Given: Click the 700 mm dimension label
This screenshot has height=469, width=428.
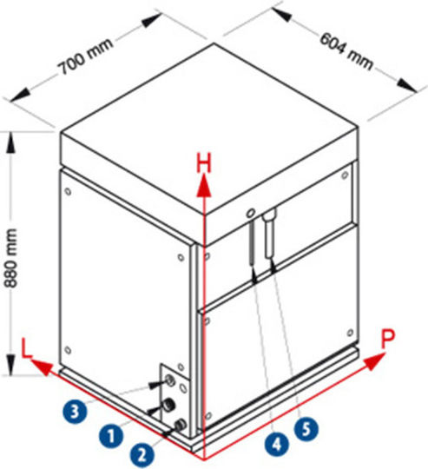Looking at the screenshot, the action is pyautogui.click(x=87, y=56).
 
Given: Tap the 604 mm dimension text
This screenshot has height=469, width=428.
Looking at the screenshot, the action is pyautogui.click(x=347, y=52).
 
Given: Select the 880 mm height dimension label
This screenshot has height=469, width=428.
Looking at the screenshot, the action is pyautogui.click(x=11, y=258).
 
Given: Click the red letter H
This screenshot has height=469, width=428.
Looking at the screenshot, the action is pyautogui.click(x=204, y=162).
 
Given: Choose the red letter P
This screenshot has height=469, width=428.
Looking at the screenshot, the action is pyautogui.click(x=388, y=338).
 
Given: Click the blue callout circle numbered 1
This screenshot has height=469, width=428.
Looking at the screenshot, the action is pyautogui.click(x=111, y=435).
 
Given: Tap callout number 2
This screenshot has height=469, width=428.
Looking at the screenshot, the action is pyautogui.click(x=142, y=454).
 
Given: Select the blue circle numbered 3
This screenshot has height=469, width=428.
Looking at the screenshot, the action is pyautogui.click(x=75, y=411).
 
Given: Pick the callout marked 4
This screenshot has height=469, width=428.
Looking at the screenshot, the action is pyautogui.click(x=277, y=443).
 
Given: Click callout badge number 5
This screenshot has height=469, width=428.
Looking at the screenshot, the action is pyautogui.click(x=306, y=429).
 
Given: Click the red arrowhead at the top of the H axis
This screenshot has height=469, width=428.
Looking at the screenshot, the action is pyautogui.click(x=204, y=186).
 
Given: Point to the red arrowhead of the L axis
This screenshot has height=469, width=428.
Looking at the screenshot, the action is pyautogui.click(x=42, y=367).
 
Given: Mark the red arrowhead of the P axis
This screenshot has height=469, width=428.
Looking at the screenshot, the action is pyautogui.click(x=374, y=361).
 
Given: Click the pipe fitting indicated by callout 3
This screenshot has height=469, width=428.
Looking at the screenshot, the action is pyautogui.click(x=170, y=380).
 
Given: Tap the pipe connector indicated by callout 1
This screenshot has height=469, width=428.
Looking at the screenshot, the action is pyautogui.click(x=168, y=406).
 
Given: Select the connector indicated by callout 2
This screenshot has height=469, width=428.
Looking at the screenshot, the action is pyautogui.click(x=181, y=425).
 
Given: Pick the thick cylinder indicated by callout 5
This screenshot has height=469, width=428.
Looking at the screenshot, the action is pyautogui.click(x=269, y=234).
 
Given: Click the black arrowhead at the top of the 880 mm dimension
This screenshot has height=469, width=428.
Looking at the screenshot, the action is pyautogui.click(x=11, y=142).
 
